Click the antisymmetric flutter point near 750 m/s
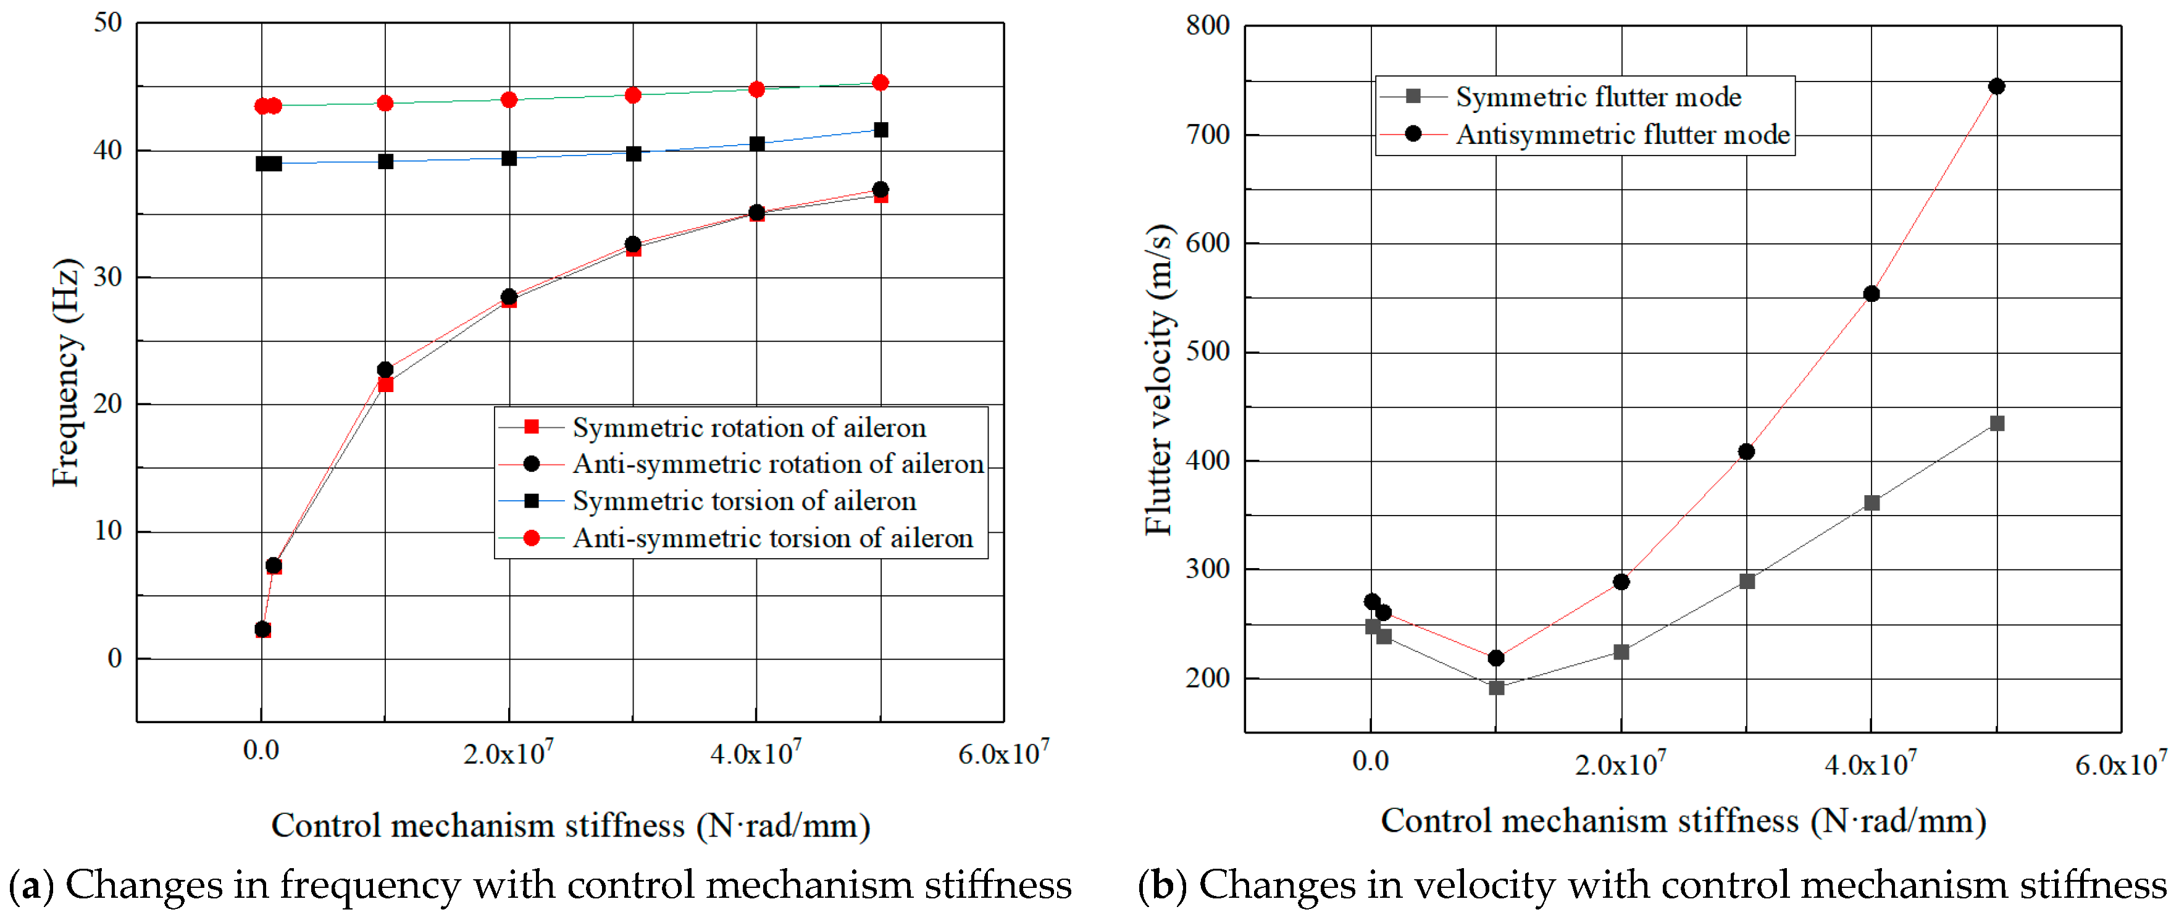(x=1996, y=86)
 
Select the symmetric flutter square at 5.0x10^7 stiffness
(x=1997, y=424)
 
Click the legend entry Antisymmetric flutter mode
(x=1621, y=135)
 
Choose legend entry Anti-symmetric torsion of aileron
(x=772, y=538)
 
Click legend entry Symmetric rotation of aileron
(x=748, y=428)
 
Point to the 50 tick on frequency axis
(x=108, y=23)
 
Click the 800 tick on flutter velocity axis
(x=1208, y=25)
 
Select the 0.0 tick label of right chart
(x=1370, y=762)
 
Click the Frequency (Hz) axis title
(x=66, y=372)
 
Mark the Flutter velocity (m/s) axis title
(x=1159, y=380)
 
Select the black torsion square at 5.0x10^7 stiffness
(x=880, y=130)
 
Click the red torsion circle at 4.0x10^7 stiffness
(x=756, y=90)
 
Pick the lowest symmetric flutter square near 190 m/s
(x=1496, y=687)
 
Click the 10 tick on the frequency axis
(x=108, y=531)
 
